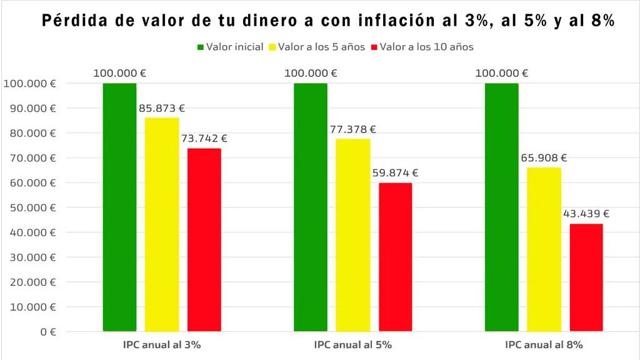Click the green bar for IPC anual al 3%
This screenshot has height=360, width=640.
click(x=119, y=206)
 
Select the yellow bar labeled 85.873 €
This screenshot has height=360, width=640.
click(x=162, y=224)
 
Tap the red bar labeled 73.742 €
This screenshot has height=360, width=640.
click(x=204, y=239)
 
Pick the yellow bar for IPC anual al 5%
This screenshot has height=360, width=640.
click(x=352, y=234)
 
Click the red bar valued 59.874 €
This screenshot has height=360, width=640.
click(x=395, y=256)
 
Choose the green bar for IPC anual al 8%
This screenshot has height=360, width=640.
click(x=501, y=206)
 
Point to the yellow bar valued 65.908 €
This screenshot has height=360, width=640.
click(x=544, y=249)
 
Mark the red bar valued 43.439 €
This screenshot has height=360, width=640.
click(x=586, y=277)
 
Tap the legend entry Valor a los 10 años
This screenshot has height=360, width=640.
click(x=422, y=47)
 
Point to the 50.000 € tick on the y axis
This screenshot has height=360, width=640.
click(x=30, y=207)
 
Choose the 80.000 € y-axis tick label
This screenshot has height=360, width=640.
click(x=30, y=133)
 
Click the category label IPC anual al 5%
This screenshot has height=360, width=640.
click(x=353, y=344)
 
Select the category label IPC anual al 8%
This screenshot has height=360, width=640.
click(x=544, y=344)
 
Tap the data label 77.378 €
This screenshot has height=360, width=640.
click(x=352, y=129)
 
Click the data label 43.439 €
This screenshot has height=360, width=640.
click(x=586, y=214)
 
